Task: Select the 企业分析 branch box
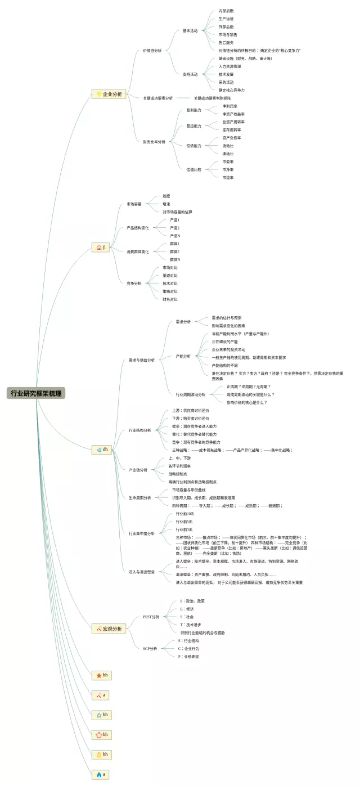(x=109, y=94)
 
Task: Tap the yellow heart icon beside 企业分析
(x=98, y=94)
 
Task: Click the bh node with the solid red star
(x=102, y=675)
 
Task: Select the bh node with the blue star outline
(x=102, y=715)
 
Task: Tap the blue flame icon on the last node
(x=98, y=774)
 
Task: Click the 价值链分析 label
(x=152, y=51)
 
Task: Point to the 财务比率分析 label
(x=154, y=142)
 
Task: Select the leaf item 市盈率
(x=228, y=161)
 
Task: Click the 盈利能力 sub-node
(x=193, y=110)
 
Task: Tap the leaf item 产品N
(x=174, y=236)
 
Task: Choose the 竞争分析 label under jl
(x=134, y=284)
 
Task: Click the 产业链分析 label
(x=138, y=470)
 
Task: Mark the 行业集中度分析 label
(x=141, y=533)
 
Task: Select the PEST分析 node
(x=151, y=617)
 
